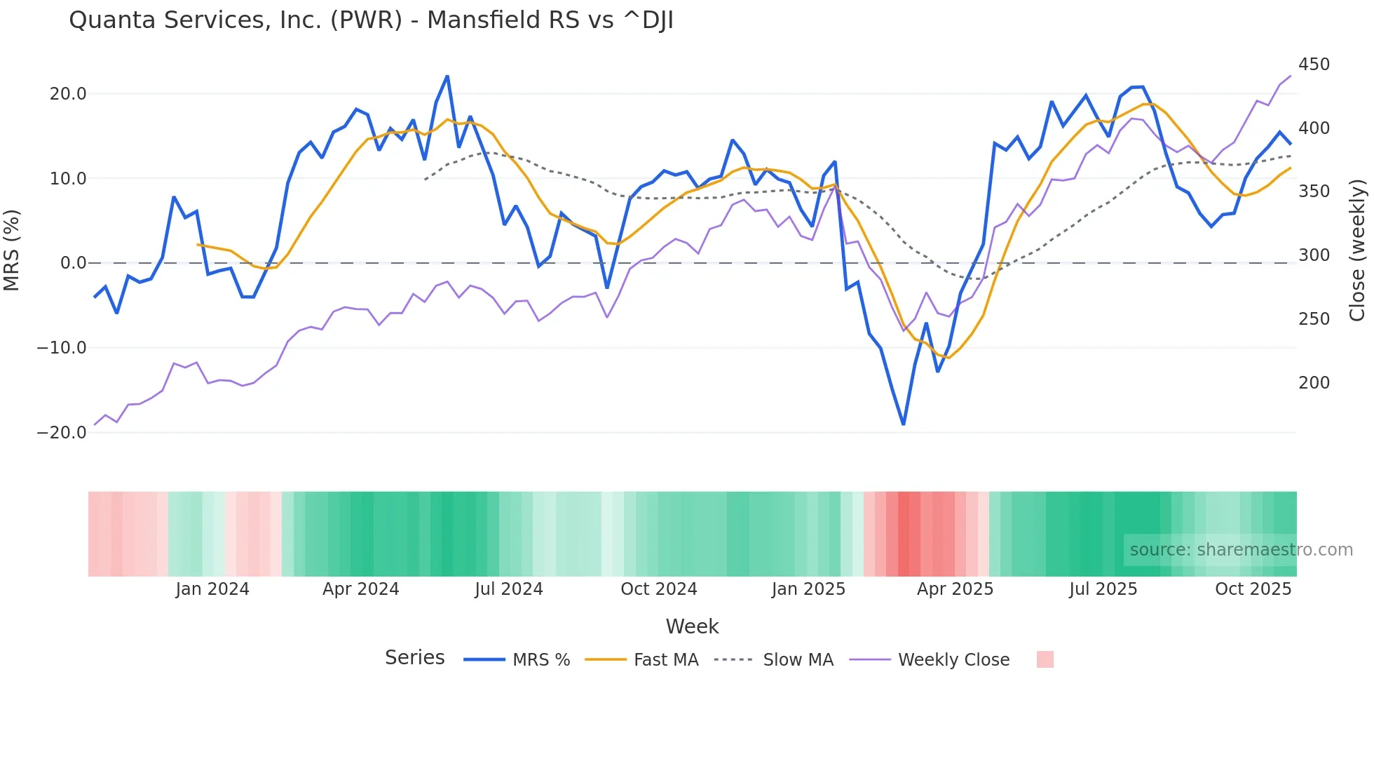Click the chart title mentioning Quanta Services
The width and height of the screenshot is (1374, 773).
371,20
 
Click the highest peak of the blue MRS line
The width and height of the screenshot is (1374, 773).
447,76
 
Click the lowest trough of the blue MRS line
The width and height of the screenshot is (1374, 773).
903,424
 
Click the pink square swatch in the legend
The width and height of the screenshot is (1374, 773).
1045,659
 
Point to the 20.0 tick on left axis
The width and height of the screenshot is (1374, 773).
68,94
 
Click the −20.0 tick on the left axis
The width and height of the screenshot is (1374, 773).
62,433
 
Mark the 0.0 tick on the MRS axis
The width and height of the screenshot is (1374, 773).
73,263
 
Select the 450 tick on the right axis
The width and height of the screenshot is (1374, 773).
1314,65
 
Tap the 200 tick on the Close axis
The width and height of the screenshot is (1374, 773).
1314,383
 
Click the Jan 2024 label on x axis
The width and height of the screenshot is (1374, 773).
212,589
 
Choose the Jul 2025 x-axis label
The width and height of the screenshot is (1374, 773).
1103,589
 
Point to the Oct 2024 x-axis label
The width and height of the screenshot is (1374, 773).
658,589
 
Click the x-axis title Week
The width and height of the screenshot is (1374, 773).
692,626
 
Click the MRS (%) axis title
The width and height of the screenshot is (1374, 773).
12,250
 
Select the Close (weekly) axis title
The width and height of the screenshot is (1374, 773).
1357,250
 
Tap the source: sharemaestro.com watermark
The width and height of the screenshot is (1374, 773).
1241,550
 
